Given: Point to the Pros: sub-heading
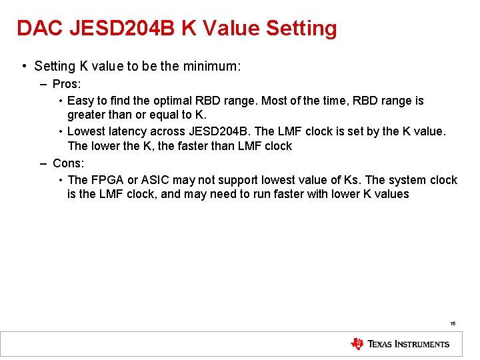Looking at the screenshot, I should pyautogui.click(x=67, y=85).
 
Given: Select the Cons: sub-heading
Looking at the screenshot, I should pyautogui.click(x=68, y=163).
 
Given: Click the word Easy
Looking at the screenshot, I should pyautogui.click(x=81, y=101).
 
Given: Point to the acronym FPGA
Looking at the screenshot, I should pyautogui.click(x=107, y=180).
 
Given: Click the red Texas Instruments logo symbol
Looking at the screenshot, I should pyautogui.click(x=357, y=344).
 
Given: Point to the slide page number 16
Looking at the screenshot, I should pyautogui.click(x=453, y=323).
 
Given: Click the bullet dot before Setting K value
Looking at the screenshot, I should pyautogui.click(x=24, y=66).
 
